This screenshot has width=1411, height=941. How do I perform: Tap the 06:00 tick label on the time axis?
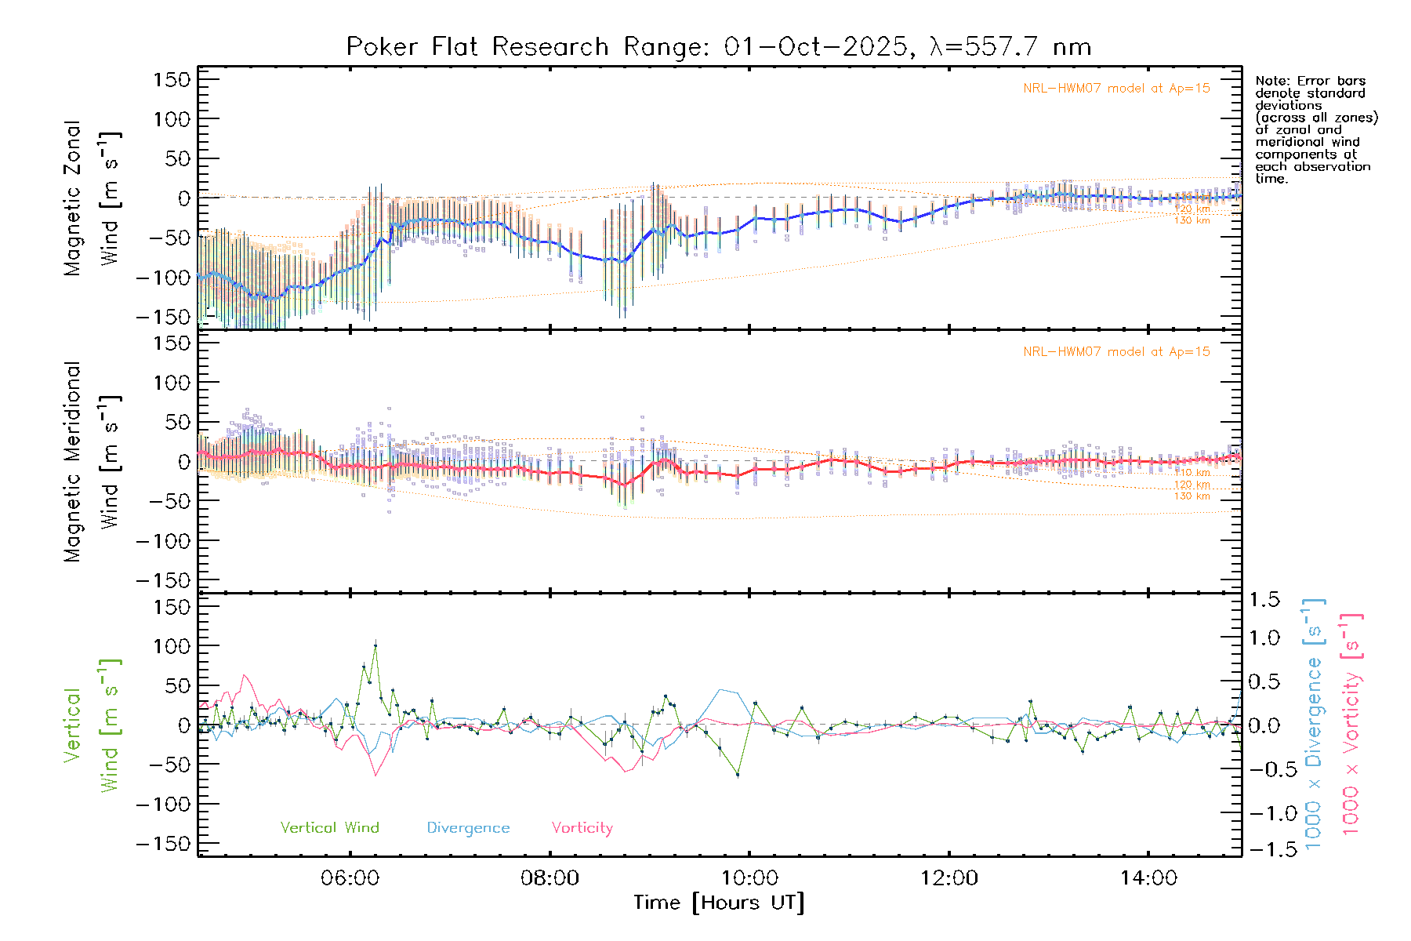350,878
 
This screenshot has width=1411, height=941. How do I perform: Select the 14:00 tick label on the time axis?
1148,878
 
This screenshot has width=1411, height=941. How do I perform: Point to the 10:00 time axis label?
749,878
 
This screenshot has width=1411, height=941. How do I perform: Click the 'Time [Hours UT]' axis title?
718,903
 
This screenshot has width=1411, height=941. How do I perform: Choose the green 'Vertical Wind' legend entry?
329,827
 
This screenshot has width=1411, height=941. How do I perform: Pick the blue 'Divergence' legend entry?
468,828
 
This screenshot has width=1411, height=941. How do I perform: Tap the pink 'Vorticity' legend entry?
582,828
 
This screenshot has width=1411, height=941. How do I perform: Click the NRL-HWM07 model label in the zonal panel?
1116,89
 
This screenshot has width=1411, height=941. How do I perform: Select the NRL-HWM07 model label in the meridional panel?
1116,352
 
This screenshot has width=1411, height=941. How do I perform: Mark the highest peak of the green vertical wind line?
375,645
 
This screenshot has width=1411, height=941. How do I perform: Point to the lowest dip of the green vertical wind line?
738,775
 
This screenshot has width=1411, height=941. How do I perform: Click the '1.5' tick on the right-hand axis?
1264,600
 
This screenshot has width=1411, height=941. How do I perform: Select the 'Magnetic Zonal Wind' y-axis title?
92,198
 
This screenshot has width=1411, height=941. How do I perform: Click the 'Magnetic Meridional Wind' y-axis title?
92,461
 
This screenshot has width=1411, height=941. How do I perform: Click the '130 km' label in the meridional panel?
1192,496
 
